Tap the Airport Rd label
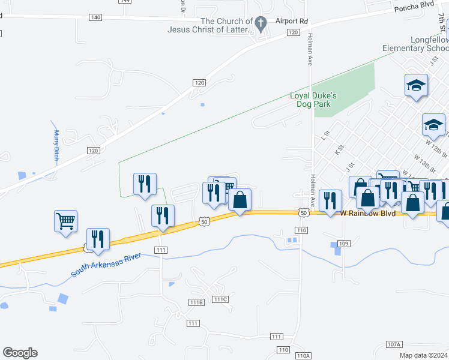[x=292, y=21]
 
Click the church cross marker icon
[x=260, y=24]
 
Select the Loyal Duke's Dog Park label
[x=313, y=100]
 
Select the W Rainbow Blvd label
[x=368, y=213]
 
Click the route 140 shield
[x=95, y=17]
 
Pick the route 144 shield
[x=125, y=1]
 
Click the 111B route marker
[x=197, y=301]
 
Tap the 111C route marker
[x=220, y=299]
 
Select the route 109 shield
[x=343, y=243]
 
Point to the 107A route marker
[x=394, y=344]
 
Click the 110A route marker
[x=303, y=356]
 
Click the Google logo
[x=20, y=353]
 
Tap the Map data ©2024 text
[x=424, y=355]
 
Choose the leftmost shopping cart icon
[x=66, y=220]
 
